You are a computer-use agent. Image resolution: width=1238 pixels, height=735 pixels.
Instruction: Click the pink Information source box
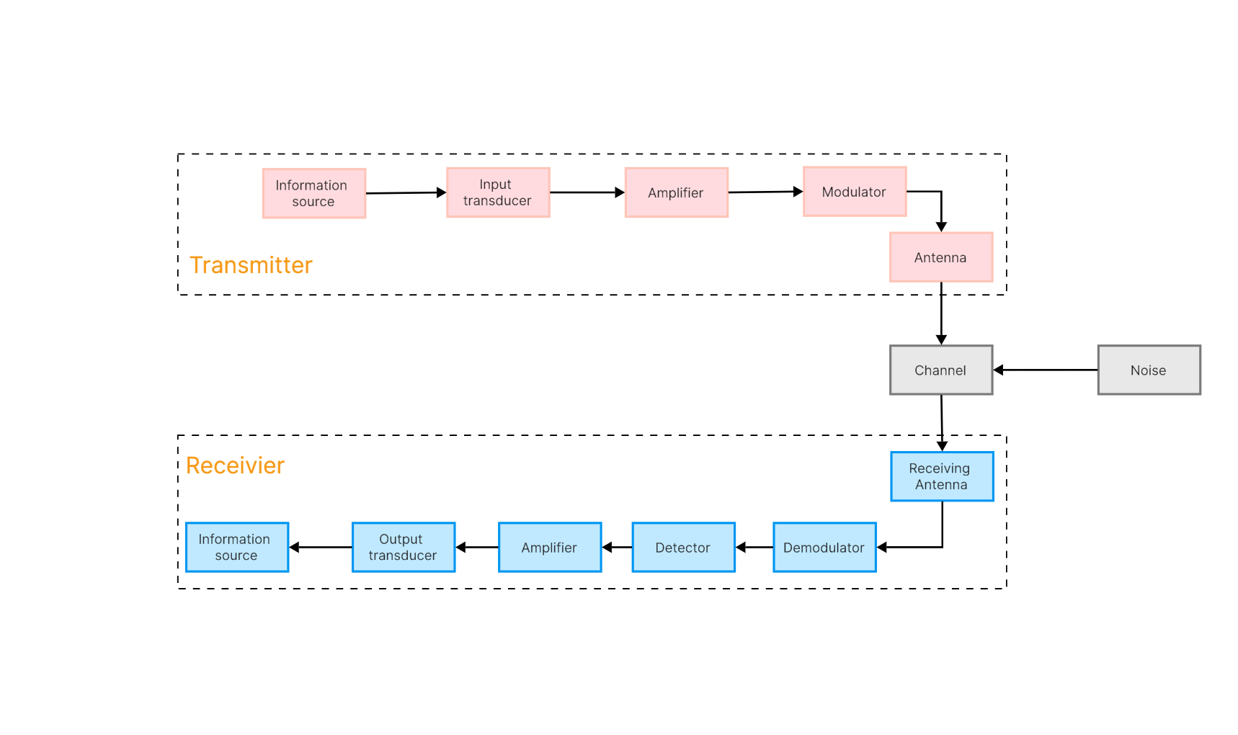pyautogui.click(x=314, y=193)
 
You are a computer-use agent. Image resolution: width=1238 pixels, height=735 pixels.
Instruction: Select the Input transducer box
pyautogui.click(x=498, y=192)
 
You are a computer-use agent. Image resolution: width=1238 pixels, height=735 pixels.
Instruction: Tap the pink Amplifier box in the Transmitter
pyautogui.click(x=676, y=192)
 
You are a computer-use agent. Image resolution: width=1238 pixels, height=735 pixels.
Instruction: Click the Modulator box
pyautogui.click(x=855, y=192)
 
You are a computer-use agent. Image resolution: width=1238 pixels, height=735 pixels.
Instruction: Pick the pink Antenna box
pyautogui.click(x=941, y=257)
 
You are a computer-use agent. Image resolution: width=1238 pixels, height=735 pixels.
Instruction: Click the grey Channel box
pyautogui.click(x=941, y=370)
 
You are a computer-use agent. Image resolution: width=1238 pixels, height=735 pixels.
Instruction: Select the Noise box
pyautogui.click(x=1149, y=370)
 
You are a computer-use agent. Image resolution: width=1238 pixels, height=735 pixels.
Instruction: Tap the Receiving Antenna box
pyautogui.click(x=942, y=476)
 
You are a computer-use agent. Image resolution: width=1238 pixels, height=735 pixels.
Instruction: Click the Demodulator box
pyautogui.click(x=824, y=548)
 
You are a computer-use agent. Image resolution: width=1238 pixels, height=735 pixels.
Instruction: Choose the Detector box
pyautogui.click(x=683, y=548)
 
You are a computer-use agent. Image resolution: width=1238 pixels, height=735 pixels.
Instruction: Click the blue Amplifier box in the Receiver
pyautogui.click(x=550, y=548)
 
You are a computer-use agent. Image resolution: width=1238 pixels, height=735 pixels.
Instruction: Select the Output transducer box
pyautogui.click(x=404, y=548)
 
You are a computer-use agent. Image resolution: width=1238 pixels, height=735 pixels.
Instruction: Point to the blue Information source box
pyautogui.click(x=237, y=548)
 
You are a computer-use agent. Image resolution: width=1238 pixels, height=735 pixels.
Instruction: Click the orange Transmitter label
pyautogui.click(x=251, y=265)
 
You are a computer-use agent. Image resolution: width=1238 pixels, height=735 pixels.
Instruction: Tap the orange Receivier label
pyautogui.click(x=235, y=465)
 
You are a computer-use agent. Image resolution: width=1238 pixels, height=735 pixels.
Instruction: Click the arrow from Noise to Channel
pyautogui.click(x=1045, y=370)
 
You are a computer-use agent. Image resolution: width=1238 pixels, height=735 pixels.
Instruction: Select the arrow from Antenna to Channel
pyautogui.click(x=941, y=313)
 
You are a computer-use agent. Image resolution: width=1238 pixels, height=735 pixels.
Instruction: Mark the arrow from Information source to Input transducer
pyautogui.click(x=406, y=192)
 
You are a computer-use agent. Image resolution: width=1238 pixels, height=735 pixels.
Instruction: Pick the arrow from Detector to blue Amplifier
pyautogui.click(x=617, y=548)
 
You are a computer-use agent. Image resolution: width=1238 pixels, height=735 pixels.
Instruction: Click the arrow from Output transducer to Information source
pyautogui.click(x=321, y=548)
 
